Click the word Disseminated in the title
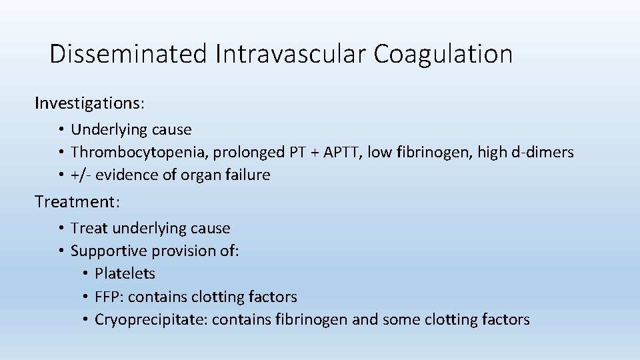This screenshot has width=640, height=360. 129,54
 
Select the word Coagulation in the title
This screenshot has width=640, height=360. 443,54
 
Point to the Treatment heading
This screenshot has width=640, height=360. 75,201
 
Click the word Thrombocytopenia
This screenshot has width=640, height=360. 140,153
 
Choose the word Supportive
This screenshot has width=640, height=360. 109,251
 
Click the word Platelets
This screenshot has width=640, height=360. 125,274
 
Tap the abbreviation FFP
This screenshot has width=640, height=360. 107,297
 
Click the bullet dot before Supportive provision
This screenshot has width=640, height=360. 61,251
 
